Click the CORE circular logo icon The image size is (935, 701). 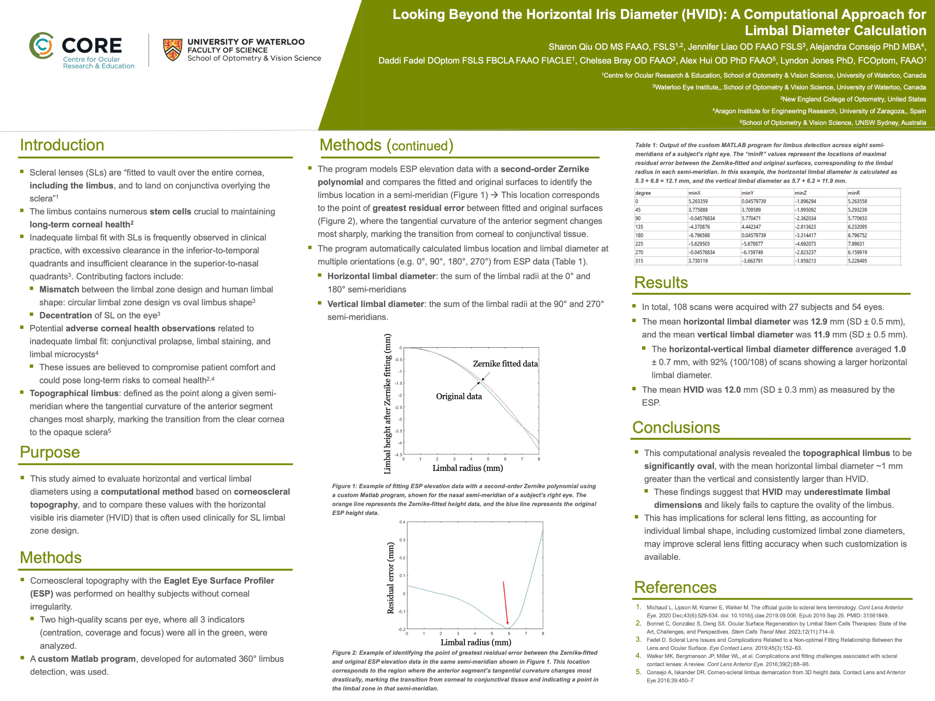click(41, 46)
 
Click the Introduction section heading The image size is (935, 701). click(62, 145)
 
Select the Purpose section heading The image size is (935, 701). click(50, 452)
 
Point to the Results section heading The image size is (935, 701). click(661, 282)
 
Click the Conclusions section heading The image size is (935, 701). click(676, 428)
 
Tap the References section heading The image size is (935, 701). click(675, 587)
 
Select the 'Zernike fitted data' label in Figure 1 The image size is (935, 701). click(505, 364)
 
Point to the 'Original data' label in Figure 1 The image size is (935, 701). click(459, 397)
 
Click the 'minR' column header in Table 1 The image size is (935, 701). click(854, 193)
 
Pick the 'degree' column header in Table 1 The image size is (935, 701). click(643, 193)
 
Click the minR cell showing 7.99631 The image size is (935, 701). click(856, 244)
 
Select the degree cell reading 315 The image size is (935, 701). click(639, 261)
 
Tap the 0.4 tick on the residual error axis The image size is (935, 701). click(402, 522)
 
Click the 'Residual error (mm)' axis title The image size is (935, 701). click(390, 578)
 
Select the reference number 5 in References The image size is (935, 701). click(638, 672)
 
